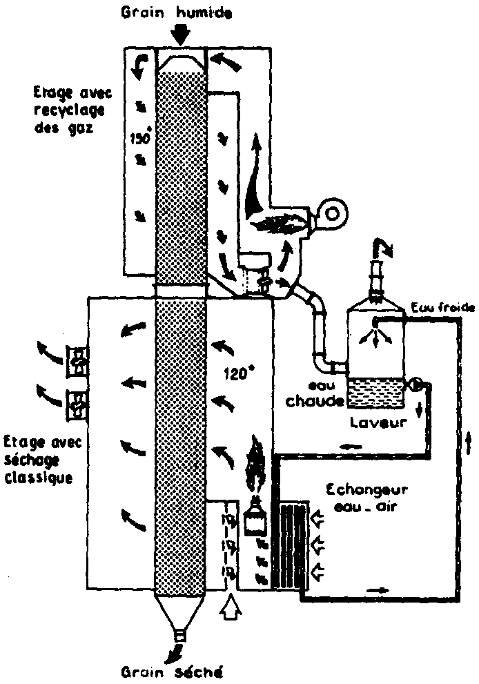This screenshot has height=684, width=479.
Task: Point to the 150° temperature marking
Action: [141, 137]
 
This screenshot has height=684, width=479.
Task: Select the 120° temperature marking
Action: [240, 375]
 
